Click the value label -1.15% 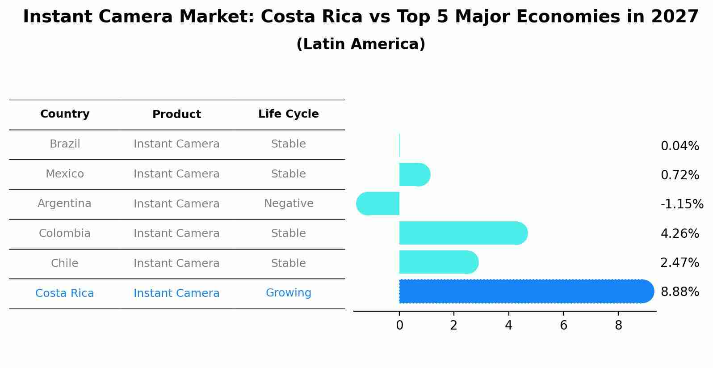pyautogui.click(x=682, y=204)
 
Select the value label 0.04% pyautogui.click(x=679, y=146)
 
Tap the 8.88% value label pyautogui.click(x=679, y=292)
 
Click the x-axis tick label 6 pyautogui.click(x=563, y=326)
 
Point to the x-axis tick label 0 pyautogui.click(x=399, y=326)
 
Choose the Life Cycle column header pyautogui.click(x=288, y=114)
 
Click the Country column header pyautogui.click(x=65, y=114)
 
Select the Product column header pyautogui.click(x=176, y=114)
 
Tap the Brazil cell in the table pyautogui.click(x=65, y=144)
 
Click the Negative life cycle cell pyautogui.click(x=289, y=203)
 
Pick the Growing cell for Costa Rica pyautogui.click(x=288, y=293)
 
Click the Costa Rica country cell pyautogui.click(x=65, y=293)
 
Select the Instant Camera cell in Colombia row pyautogui.click(x=176, y=233)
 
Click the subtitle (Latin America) pyautogui.click(x=361, y=44)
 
